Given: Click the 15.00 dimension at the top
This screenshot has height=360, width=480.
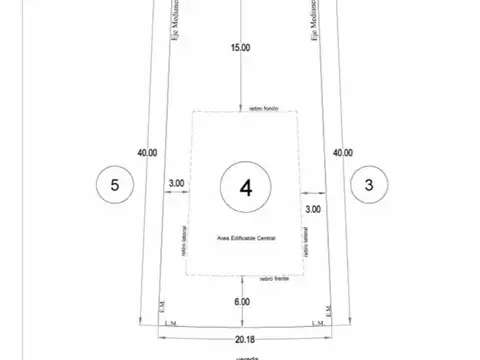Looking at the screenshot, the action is tap(241, 47).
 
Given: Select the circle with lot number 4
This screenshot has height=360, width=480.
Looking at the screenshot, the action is tap(243, 185).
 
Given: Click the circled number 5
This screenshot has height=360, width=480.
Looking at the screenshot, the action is tap(115, 185).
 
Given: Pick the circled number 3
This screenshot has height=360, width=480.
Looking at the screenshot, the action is tap(369, 185).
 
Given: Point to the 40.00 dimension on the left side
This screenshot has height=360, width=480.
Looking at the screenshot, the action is tap(147, 153).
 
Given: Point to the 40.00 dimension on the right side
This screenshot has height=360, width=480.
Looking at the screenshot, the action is tap(342, 153).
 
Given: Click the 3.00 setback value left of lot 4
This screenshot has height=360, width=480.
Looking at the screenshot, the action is tap(177, 183).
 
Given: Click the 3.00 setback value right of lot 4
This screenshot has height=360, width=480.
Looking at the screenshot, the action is tap(313, 209).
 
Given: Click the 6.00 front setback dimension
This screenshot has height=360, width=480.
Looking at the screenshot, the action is tap(242, 301).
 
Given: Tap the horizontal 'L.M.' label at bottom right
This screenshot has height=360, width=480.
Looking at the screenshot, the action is tap(318, 322).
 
